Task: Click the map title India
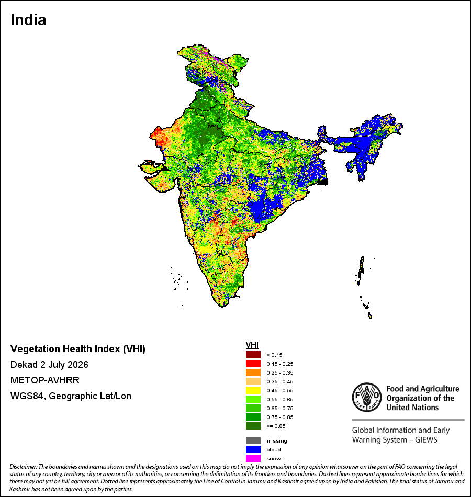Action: click(x=28, y=20)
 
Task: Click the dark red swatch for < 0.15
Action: click(x=253, y=355)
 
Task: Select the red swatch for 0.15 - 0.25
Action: click(x=253, y=364)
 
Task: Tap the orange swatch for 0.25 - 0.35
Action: click(x=253, y=372)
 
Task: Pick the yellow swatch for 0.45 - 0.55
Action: click(x=253, y=390)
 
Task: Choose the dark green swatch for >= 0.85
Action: click(x=253, y=426)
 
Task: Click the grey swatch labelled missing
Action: click(x=253, y=440)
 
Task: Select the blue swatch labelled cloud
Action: click(x=253, y=449)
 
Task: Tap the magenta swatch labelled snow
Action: click(x=253, y=458)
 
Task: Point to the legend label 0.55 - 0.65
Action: click(x=280, y=399)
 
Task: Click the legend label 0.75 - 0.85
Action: click(x=280, y=417)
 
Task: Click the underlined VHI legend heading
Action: click(x=252, y=345)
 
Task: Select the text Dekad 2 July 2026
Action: click(x=49, y=365)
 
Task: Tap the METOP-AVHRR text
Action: click(x=45, y=380)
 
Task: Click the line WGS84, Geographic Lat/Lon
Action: click(x=71, y=396)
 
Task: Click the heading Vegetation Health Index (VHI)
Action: click(x=78, y=349)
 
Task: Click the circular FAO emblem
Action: click(x=367, y=397)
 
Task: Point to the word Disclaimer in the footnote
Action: click(x=24, y=467)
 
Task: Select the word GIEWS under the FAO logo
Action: click(x=426, y=440)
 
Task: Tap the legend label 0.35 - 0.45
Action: click(x=280, y=381)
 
